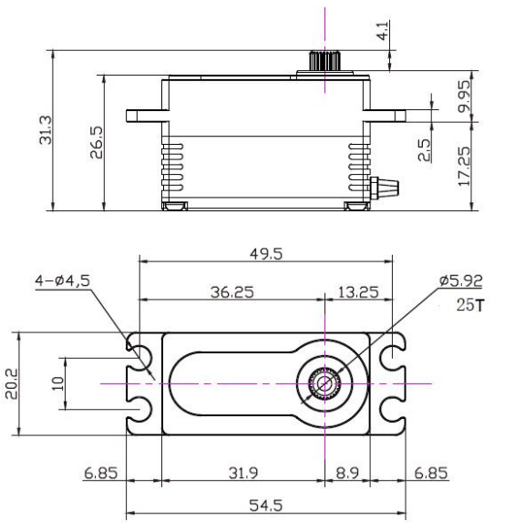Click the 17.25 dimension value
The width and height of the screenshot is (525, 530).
pyautogui.click(x=465, y=166)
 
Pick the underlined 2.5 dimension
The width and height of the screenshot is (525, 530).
pyautogui.click(x=424, y=150)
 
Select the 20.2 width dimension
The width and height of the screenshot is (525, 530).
pyautogui.click(x=27, y=383)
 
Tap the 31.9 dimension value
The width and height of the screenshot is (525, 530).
pyautogui.click(x=241, y=473)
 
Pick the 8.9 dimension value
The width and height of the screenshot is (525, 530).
pyautogui.click(x=347, y=473)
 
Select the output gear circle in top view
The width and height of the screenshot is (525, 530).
pyautogui.click(x=324, y=383)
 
